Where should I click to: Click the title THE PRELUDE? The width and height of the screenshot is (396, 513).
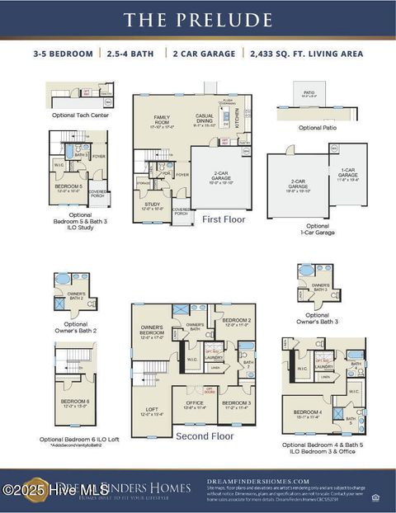click(197, 19)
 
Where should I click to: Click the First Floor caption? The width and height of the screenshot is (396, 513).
click(224, 219)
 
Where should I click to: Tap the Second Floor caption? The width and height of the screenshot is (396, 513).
click(205, 435)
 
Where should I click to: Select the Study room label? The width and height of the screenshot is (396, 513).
click(152, 206)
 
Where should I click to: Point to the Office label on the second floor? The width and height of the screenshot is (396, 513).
click(195, 404)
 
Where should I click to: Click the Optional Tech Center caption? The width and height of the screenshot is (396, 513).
click(80, 115)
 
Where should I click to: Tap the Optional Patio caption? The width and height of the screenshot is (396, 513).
click(317, 128)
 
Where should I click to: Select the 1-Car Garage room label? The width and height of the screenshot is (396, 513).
click(348, 175)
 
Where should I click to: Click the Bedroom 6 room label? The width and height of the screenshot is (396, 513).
click(75, 403)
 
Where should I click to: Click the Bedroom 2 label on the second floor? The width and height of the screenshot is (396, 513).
click(237, 322)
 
